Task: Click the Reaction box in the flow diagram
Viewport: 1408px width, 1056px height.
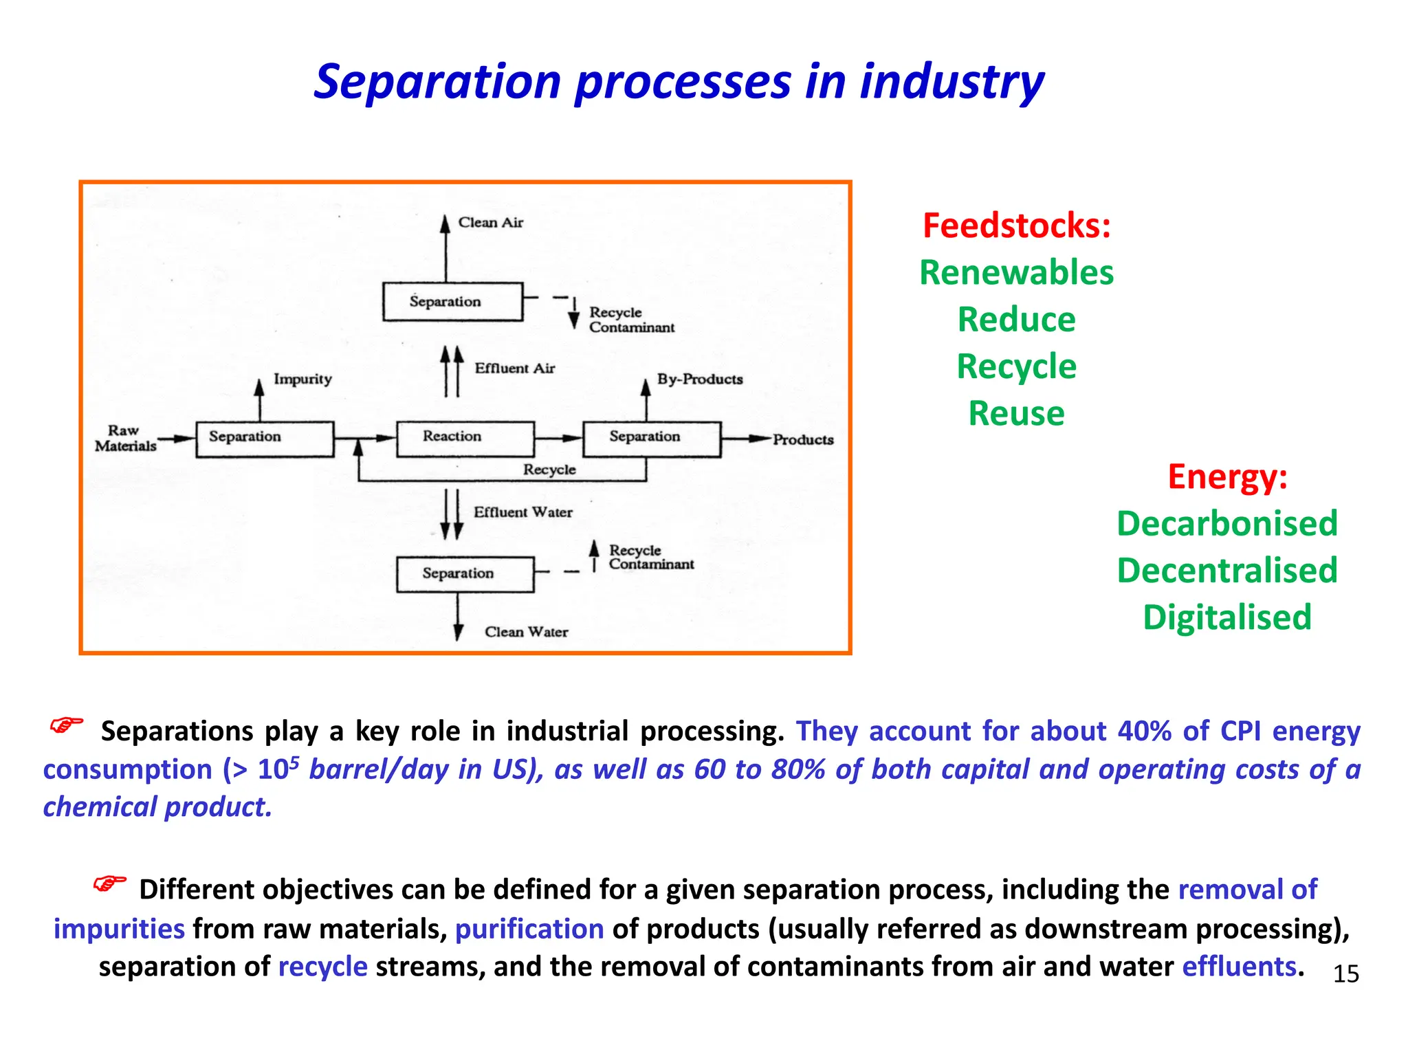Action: (465, 439)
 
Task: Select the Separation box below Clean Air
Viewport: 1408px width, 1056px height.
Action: (452, 302)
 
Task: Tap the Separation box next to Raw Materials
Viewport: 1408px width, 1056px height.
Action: (265, 439)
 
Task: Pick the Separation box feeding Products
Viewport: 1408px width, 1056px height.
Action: (651, 439)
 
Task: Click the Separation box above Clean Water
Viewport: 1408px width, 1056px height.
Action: (465, 573)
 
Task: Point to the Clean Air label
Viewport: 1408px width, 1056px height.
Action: (490, 223)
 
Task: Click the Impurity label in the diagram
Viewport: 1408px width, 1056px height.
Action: (302, 379)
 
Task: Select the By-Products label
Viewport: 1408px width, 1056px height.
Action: (699, 379)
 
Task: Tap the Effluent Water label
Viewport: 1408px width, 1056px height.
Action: (522, 512)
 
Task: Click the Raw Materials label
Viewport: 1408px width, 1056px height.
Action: (125, 438)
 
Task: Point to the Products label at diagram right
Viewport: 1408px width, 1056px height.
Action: (802, 439)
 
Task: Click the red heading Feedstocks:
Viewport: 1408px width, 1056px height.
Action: (1016, 225)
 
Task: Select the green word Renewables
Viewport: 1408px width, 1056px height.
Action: (1016, 272)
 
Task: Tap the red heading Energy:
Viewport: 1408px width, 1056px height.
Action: (1227, 476)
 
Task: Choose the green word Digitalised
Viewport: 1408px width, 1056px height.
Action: (1227, 617)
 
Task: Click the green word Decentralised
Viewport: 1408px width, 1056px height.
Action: (1227, 570)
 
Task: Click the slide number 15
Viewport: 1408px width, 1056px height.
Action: (1345, 973)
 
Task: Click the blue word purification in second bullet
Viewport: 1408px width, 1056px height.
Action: (529, 929)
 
